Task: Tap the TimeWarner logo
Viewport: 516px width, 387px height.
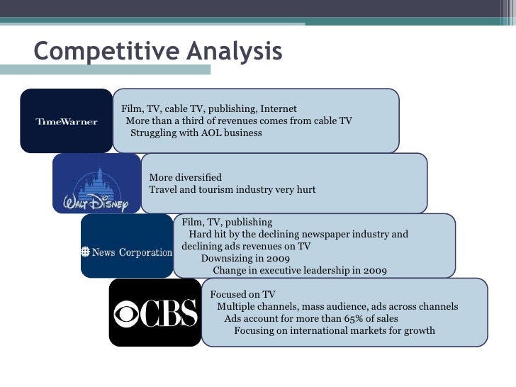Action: click(x=66, y=121)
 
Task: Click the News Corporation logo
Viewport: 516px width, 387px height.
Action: click(x=127, y=252)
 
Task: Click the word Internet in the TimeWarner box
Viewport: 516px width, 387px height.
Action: click(x=278, y=109)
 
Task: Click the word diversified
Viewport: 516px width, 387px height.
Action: click(x=201, y=177)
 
